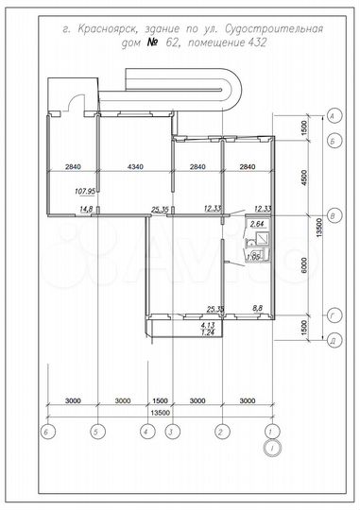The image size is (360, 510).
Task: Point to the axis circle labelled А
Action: [x=333, y=115]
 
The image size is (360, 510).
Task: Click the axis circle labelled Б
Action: [x=333, y=140]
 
